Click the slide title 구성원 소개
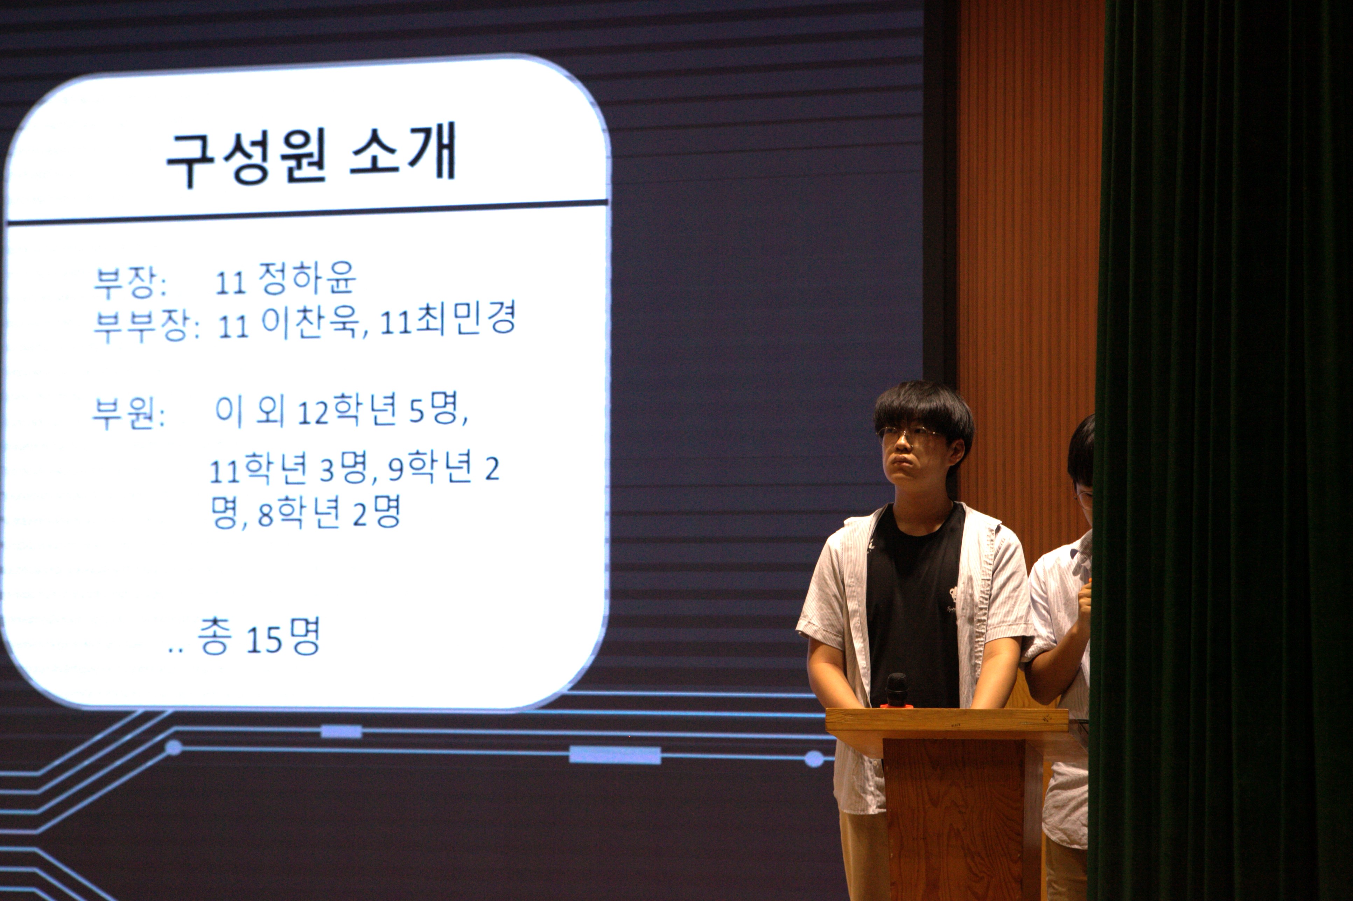point(311,154)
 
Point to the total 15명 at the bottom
point(283,637)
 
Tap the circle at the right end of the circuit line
point(814,759)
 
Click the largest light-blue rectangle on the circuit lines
point(615,755)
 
